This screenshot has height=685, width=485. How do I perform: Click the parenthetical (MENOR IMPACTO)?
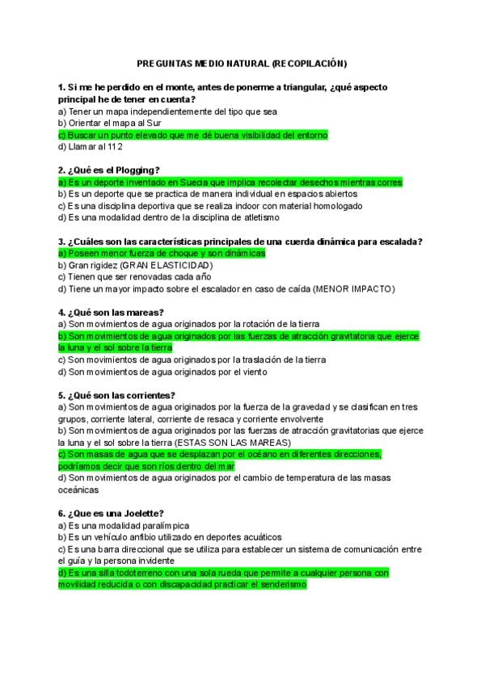pyautogui.click(x=353, y=288)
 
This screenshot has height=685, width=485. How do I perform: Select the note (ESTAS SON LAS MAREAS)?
pyautogui.click(x=232, y=443)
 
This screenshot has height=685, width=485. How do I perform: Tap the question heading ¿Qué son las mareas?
pyautogui.click(x=111, y=312)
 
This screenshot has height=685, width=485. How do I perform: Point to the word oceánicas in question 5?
pyautogui.click(x=79, y=490)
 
